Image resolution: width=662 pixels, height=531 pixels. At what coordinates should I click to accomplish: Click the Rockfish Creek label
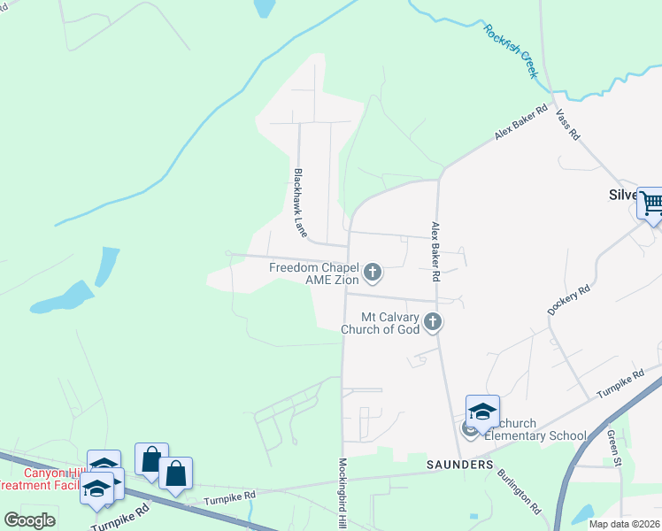point(512,50)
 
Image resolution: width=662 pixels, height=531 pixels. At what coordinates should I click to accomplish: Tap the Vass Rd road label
point(567,125)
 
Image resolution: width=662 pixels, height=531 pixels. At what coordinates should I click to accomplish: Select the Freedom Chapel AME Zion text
point(314,273)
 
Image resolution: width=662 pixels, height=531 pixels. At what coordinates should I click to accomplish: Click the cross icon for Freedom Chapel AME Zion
point(373,273)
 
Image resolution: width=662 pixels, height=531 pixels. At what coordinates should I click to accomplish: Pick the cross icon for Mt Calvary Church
point(433,323)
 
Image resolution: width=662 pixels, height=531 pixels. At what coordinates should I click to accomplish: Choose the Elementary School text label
point(535,435)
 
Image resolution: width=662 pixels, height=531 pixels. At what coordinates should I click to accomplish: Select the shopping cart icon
point(651,204)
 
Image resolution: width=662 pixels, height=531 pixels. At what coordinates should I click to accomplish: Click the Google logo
point(29,519)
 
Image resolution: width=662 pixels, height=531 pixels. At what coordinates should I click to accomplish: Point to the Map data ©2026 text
point(625,524)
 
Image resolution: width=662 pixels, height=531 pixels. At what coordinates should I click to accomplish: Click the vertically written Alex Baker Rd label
point(435,251)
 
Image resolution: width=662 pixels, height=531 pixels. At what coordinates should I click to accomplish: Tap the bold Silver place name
point(623,195)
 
